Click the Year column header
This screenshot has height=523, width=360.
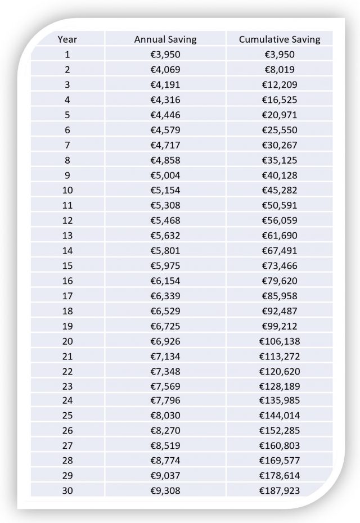[67, 39]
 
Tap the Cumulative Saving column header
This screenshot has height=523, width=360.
[280, 39]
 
